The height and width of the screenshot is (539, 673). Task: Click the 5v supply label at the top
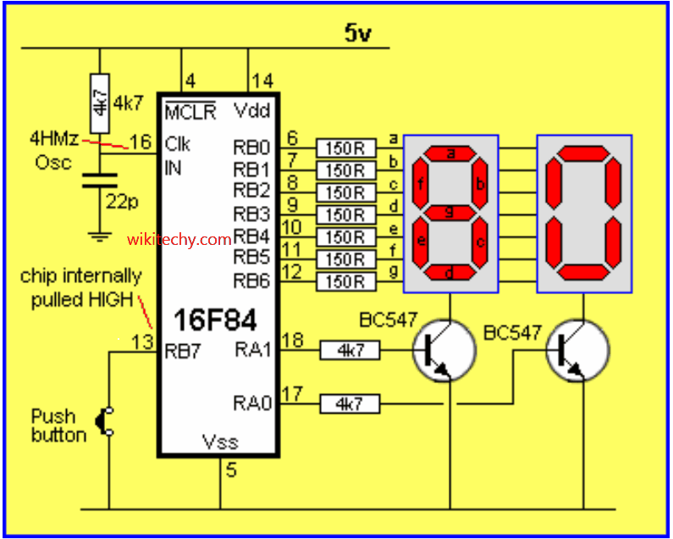(x=358, y=33)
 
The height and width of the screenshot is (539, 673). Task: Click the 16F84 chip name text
(x=215, y=320)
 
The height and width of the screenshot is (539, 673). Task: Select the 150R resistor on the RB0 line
(x=345, y=147)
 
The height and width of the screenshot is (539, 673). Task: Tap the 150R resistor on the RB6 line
(x=345, y=281)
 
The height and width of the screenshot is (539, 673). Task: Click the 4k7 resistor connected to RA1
(x=350, y=349)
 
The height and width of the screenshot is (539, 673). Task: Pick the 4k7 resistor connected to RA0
(x=350, y=405)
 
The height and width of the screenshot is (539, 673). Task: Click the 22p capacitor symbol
(x=100, y=179)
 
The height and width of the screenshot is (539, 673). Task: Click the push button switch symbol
(x=107, y=424)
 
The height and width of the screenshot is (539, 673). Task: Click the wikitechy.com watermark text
(x=179, y=240)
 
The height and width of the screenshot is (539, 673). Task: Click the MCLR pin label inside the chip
(x=190, y=112)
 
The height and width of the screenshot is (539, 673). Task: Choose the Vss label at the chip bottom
(x=220, y=442)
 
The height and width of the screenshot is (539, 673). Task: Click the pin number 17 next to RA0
(x=291, y=393)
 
